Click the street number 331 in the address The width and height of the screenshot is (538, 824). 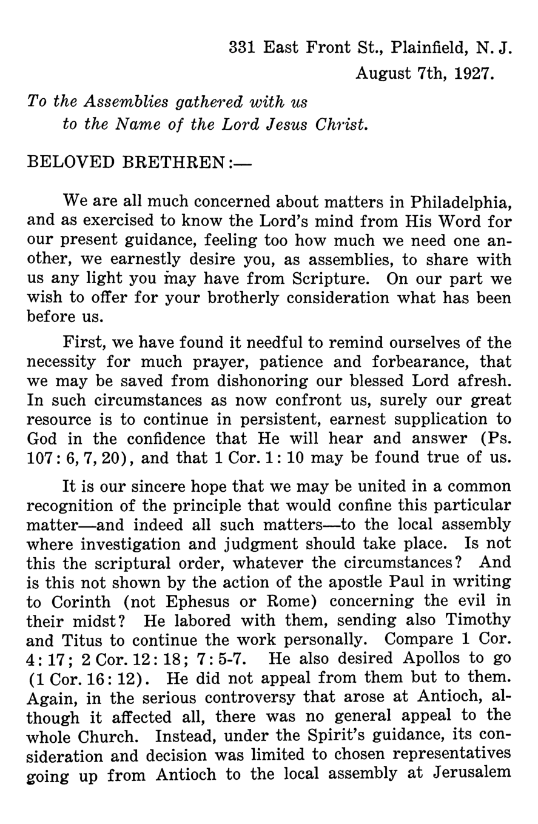point(243,48)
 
